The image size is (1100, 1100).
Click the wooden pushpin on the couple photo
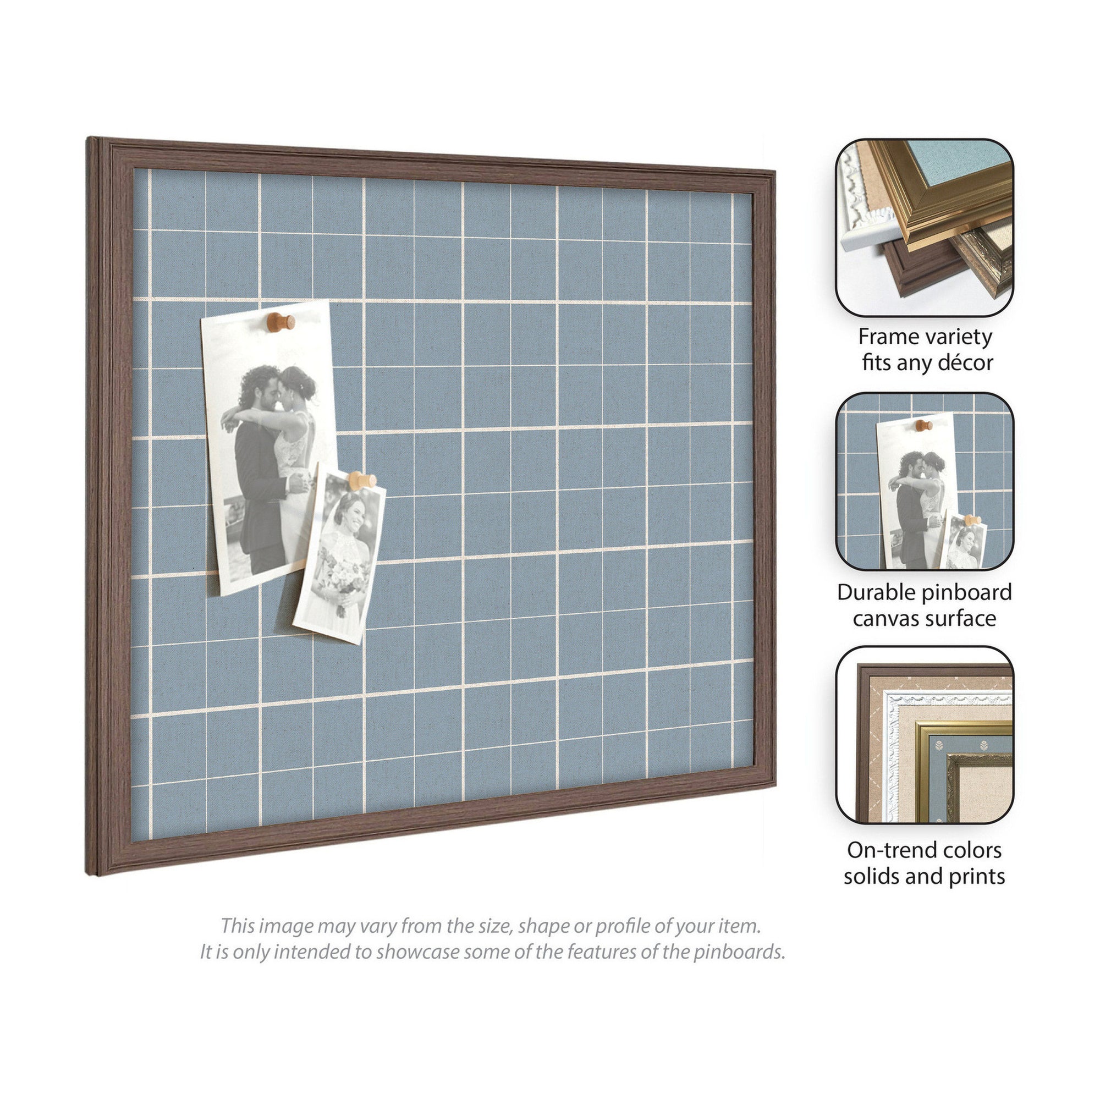click(x=280, y=322)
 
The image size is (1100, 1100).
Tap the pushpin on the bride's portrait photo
click(x=362, y=481)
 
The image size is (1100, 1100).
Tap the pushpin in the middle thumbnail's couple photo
click(x=923, y=425)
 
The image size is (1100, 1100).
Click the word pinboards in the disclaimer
click(x=739, y=952)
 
